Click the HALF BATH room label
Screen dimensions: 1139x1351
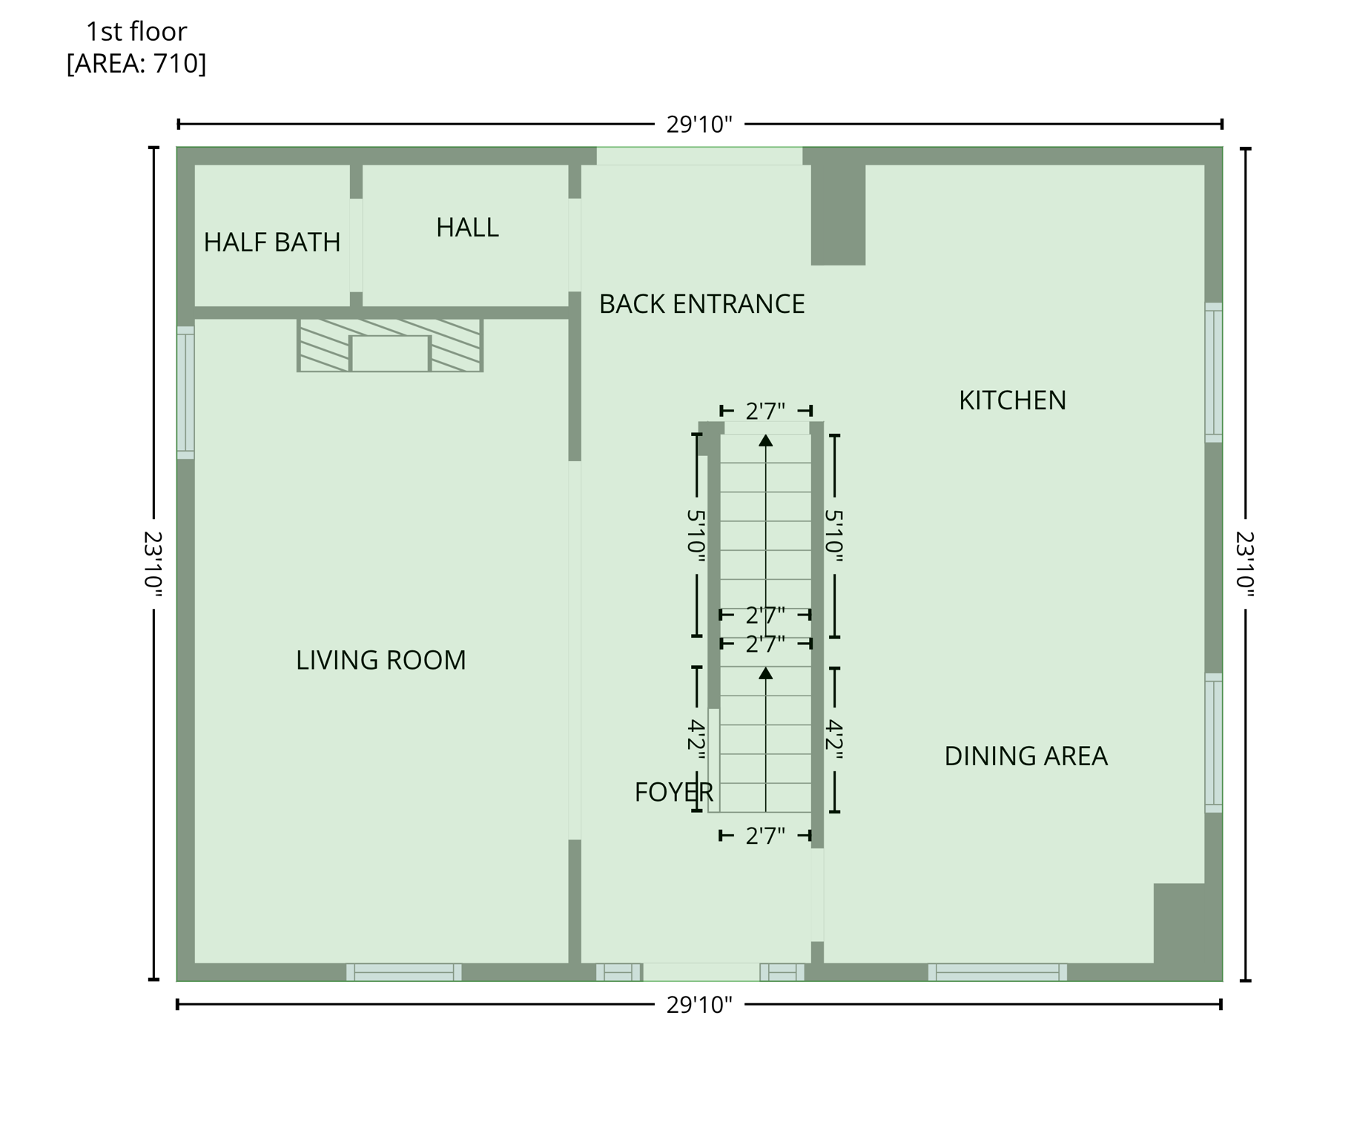click(271, 242)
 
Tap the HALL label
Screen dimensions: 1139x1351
click(467, 228)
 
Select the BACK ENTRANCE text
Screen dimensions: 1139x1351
click(701, 304)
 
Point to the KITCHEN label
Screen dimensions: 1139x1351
click(1012, 400)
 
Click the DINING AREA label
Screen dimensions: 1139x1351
click(1025, 756)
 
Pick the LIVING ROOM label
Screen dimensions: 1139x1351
click(380, 660)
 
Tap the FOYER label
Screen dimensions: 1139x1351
click(673, 793)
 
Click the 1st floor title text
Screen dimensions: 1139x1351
click(136, 32)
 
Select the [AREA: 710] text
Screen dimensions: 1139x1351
click(136, 64)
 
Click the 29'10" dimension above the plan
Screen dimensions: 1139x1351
click(698, 125)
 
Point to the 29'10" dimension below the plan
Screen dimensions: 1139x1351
click(698, 1006)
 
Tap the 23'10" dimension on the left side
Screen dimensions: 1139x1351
click(153, 564)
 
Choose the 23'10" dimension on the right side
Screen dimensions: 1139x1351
click(1245, 564)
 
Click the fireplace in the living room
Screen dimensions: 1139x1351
click(390, 346)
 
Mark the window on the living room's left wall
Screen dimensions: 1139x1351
click(185, 392)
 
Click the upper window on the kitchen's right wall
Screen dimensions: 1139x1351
click(1213, 372)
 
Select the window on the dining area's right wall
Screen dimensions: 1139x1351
click(1213, 743)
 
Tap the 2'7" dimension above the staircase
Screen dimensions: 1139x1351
click(765, 411)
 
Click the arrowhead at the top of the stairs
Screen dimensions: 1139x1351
click(766, 440)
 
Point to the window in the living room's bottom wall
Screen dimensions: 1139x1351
click(403, 972)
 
